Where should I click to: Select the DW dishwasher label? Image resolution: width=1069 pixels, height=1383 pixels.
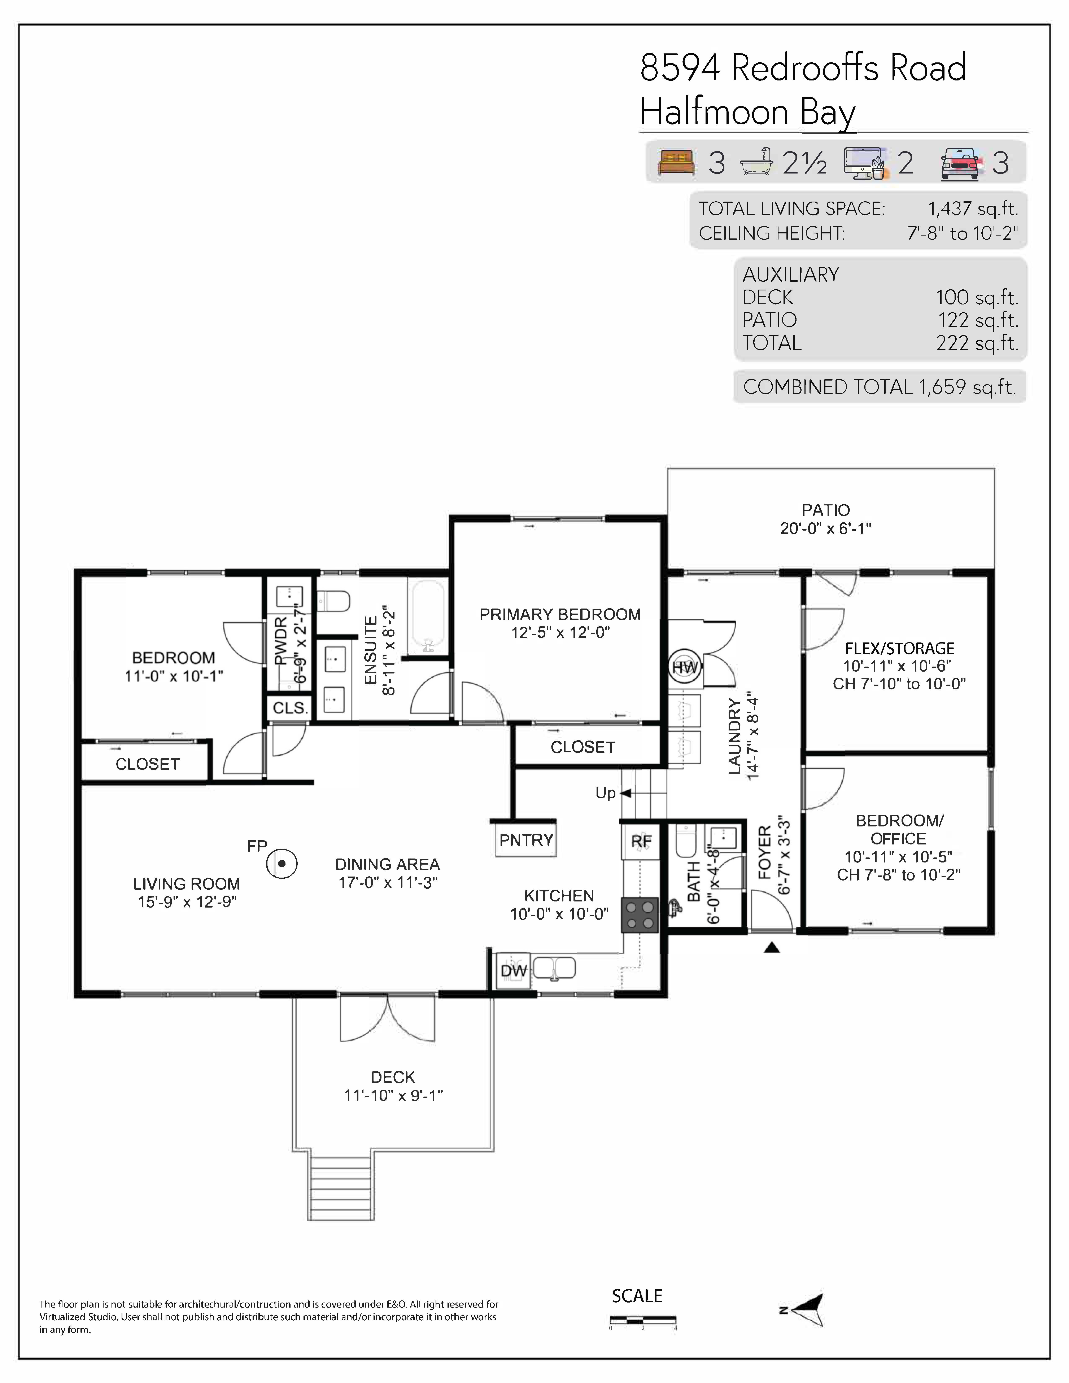click(514, 971)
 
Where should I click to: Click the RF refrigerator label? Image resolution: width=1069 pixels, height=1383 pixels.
click(641, 842)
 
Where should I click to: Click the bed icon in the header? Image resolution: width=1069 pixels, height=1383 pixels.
click(676, 163)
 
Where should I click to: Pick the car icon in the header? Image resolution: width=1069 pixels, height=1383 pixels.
click(961, 163)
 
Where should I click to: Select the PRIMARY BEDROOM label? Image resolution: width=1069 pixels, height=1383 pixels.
click(560, 614)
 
